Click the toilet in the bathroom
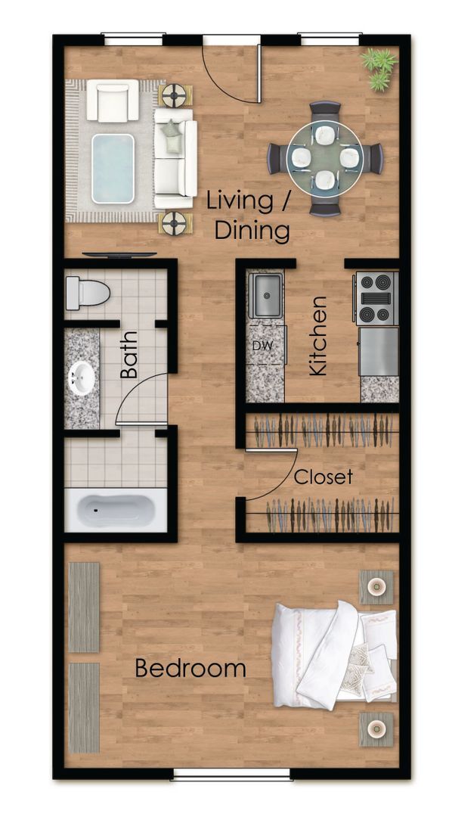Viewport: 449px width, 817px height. pyautogui.click(x=86, y=293)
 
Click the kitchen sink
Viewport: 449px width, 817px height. pyautogui.click(x=265, y=297)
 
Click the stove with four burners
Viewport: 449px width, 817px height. pyautogui.click(x=376, y=298)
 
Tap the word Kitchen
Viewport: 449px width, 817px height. pyautogui.click(x=318, y=336)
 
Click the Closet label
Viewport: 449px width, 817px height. pyautogui.click(x=323, y=477)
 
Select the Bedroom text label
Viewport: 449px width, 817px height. pyautogui.click(x=190, y=669)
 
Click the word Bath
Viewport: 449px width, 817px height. pyautogui.click(x=129, y=355)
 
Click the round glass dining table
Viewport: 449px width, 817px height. pyautogui.click(x=325, y=158)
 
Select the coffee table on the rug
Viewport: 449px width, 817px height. pyautogui.click(x=113, y=168)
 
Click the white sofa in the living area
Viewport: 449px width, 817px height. pyautogui.click(x=175, y=157)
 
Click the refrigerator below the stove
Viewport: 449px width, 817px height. pyautogui.click(x=379, y=351)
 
